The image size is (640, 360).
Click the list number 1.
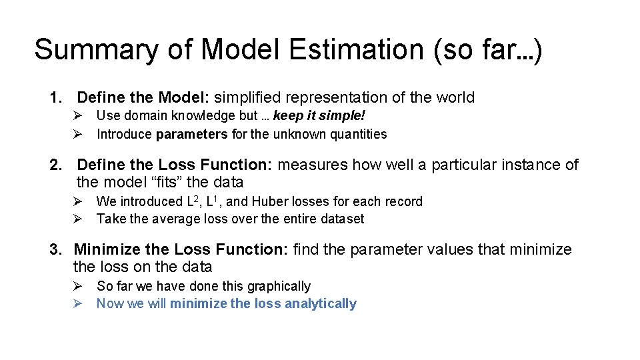[55, 98]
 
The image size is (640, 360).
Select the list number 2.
[55, 165]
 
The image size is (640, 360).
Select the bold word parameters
[192, 134]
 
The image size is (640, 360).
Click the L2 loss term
[194, 201]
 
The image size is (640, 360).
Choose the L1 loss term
[215, 201]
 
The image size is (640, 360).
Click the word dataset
[341, 219]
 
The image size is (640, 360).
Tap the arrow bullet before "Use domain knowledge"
[77, 116]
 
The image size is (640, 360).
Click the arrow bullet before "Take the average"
[77, 219]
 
